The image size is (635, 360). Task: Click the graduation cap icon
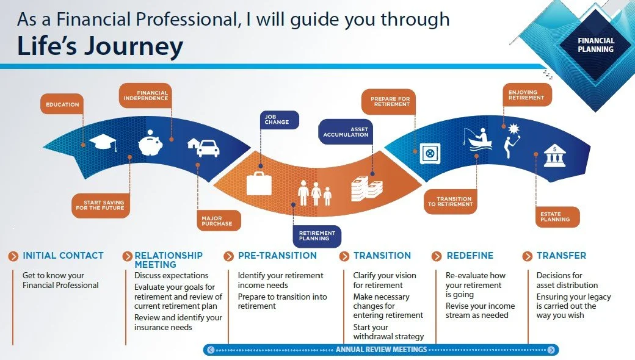pos(102,142)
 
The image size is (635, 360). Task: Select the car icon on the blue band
pos(208,148)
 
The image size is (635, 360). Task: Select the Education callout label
pos(62,104)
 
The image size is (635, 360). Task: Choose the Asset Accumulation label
pos(346,131)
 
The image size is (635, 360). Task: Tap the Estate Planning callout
pos(555,217)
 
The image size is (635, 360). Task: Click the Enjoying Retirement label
pos(526,95)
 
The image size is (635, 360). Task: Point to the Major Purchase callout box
pos(217,221)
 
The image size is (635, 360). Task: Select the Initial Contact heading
pos(63,256)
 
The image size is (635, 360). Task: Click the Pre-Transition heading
pos(277,256)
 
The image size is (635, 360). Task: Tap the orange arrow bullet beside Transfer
pos(527,256)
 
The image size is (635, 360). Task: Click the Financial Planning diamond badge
pos(595,45)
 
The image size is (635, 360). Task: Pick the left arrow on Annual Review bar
pos(211,350)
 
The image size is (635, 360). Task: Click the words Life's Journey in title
pos(100,47)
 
